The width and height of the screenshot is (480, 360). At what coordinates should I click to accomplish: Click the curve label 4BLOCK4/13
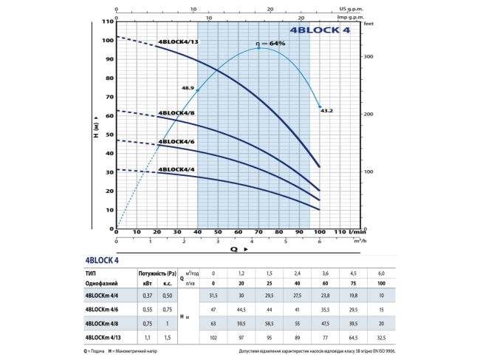[178, 42]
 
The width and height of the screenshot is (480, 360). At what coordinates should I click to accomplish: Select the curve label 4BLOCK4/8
[176, 112]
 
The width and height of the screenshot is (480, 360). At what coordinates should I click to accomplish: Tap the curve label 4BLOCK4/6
[176, 141]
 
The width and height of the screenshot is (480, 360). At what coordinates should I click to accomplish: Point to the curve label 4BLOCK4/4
[176, 169]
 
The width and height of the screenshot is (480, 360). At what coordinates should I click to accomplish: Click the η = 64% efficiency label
[270, 44]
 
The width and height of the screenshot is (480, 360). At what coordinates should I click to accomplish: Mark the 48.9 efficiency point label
[187, 88]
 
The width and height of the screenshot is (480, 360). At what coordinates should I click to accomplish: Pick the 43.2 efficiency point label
[326, 110]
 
